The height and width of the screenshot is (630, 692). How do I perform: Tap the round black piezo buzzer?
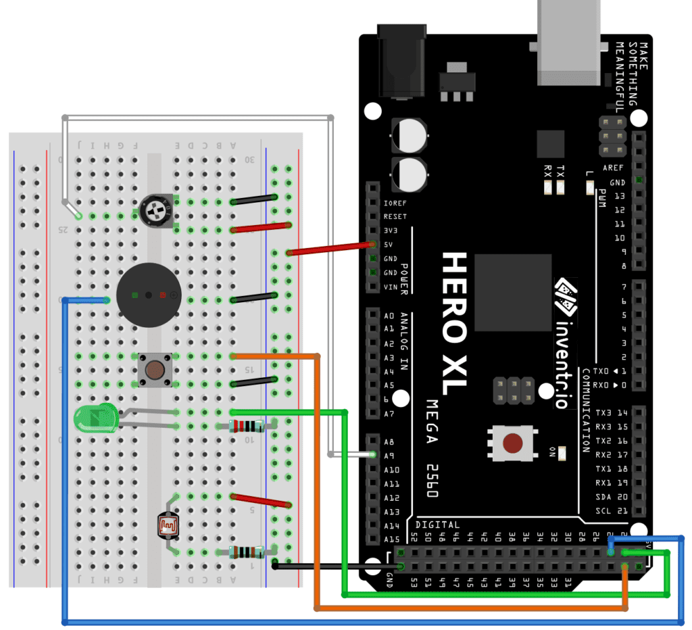pos(149,295)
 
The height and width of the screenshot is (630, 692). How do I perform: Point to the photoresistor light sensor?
pos(169,525)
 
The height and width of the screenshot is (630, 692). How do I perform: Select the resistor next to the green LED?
pos(247,426)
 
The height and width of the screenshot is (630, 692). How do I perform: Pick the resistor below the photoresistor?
pos(247,552)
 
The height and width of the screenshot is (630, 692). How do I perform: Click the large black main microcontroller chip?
pos(513,292)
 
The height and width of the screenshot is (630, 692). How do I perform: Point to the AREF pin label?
pos(614,168)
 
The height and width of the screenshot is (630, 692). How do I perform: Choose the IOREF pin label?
pos(395,203)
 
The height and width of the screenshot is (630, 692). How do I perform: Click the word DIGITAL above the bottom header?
pos(438,525)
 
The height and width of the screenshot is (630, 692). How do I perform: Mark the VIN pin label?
pos(391,287)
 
